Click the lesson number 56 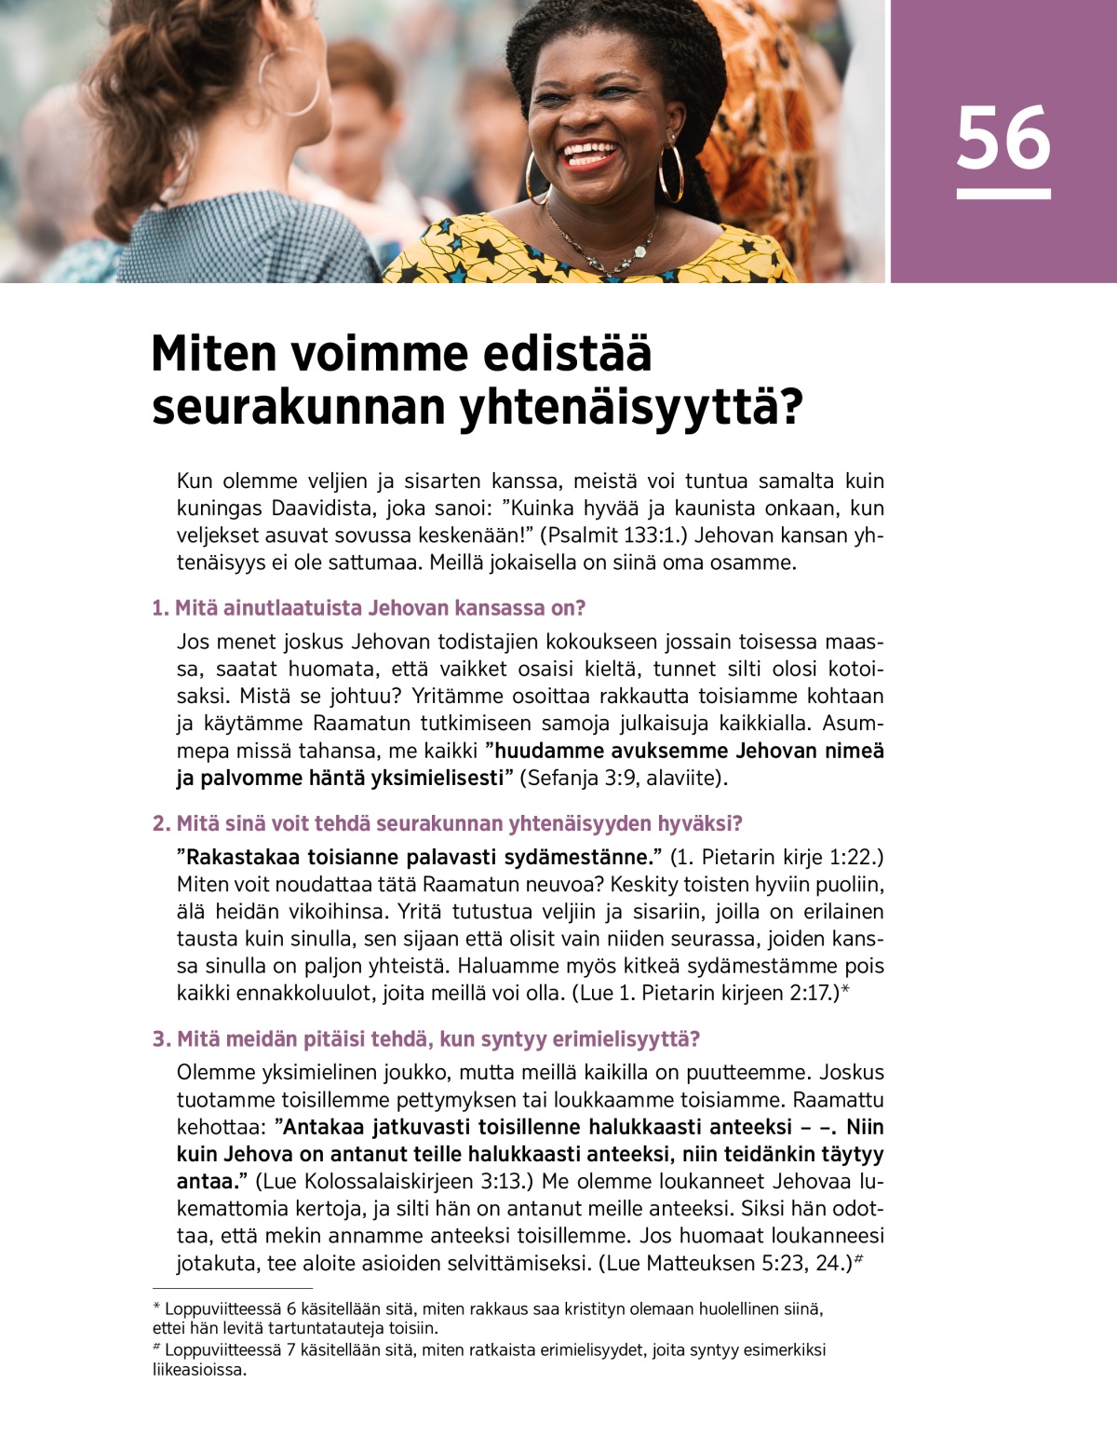[x=1003, y=139]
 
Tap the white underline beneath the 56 [x=1003, y=194]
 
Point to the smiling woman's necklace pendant [x=639, y=251]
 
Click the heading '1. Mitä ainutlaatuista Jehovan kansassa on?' [x=369, y=608]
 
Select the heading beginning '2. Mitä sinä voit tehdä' [x=447, y=823]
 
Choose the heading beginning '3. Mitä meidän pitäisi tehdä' [x=425, y=1038]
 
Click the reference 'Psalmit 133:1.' [x=615, y=535]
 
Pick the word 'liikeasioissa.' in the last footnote [x=200, y=1370]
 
